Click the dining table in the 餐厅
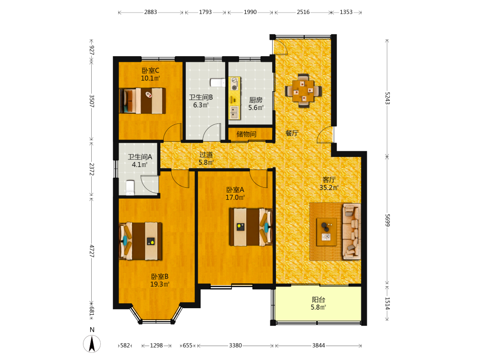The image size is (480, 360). tap(303, 91)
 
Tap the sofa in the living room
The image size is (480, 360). tap(351, 231)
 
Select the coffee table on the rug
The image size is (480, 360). tap(326, 232)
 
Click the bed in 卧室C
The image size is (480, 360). tap(143, 101)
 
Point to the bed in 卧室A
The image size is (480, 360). tap(251, 227)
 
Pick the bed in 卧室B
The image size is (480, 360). tap(141, 241)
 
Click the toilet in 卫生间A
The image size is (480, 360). tap(130, 187)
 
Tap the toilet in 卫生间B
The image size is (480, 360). tap(217, 83)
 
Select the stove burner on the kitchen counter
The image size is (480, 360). tap(235, 84)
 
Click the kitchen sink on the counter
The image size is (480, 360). tap(235, 112)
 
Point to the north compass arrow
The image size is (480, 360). tap(92, 344)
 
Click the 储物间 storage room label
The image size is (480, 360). tap(246, 134)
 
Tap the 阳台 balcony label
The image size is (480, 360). tap(318, 300)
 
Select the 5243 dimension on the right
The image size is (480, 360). tap(387, 98)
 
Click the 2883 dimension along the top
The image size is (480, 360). tap(151, 12)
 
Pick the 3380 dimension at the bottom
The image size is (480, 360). tap(235, 345)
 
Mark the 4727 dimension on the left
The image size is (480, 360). tap(92, 251)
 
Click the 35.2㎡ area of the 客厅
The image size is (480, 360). tap(329, 187)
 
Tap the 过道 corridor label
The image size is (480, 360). tap(206, 155)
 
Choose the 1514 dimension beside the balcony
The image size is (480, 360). tap(387, 303)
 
